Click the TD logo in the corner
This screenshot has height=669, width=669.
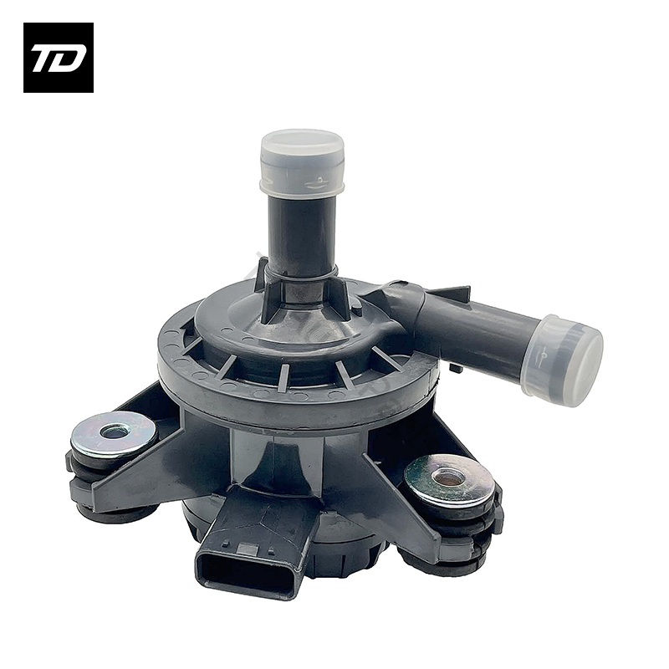(x=58, y=57)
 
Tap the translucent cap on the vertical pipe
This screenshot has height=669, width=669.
(x=302, y=161)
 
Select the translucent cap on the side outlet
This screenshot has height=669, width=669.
(x=563, y=360)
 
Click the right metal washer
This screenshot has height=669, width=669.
(x=449, y=479)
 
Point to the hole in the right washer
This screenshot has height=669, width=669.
(x=449, y=477)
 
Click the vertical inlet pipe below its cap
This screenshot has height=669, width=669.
(x=302, y=230)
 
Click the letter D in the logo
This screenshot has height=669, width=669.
(x=70, y=59)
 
